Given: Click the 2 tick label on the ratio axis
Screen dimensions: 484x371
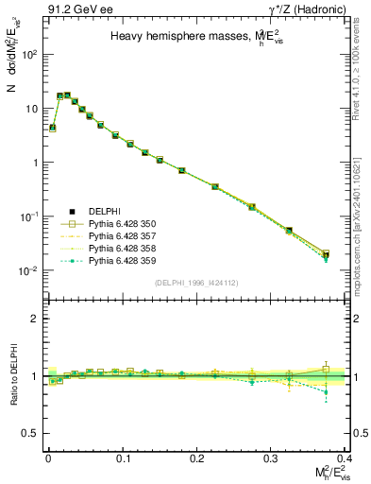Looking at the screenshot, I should click(34, 319).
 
